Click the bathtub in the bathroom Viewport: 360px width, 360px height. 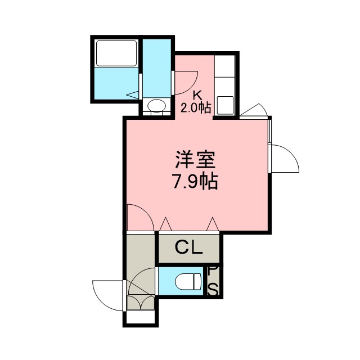(x=116, y=53)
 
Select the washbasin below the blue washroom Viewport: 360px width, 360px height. (x=157, y=106)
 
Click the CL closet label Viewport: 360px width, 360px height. (x=189, y=247)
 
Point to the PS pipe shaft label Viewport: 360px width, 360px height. (x=213, y=281)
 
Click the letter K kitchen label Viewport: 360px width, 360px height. (x=197, y=95)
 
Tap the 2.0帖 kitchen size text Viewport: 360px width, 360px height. (x=196, y=107)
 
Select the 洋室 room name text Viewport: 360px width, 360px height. (x=195, y=160)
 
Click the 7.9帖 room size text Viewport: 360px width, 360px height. (x=195, y=181)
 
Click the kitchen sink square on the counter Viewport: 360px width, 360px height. (x=225, y=105)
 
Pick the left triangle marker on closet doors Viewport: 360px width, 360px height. (x=165, y=224)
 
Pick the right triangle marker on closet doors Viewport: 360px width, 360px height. (x=213, y=224)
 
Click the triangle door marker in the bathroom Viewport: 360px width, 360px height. (x=133, y=94)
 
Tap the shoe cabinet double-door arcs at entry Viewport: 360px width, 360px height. (x=141, y=303)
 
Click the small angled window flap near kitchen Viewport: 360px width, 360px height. (x=254, y=110)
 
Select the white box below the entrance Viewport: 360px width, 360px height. (x=141, y=317)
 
